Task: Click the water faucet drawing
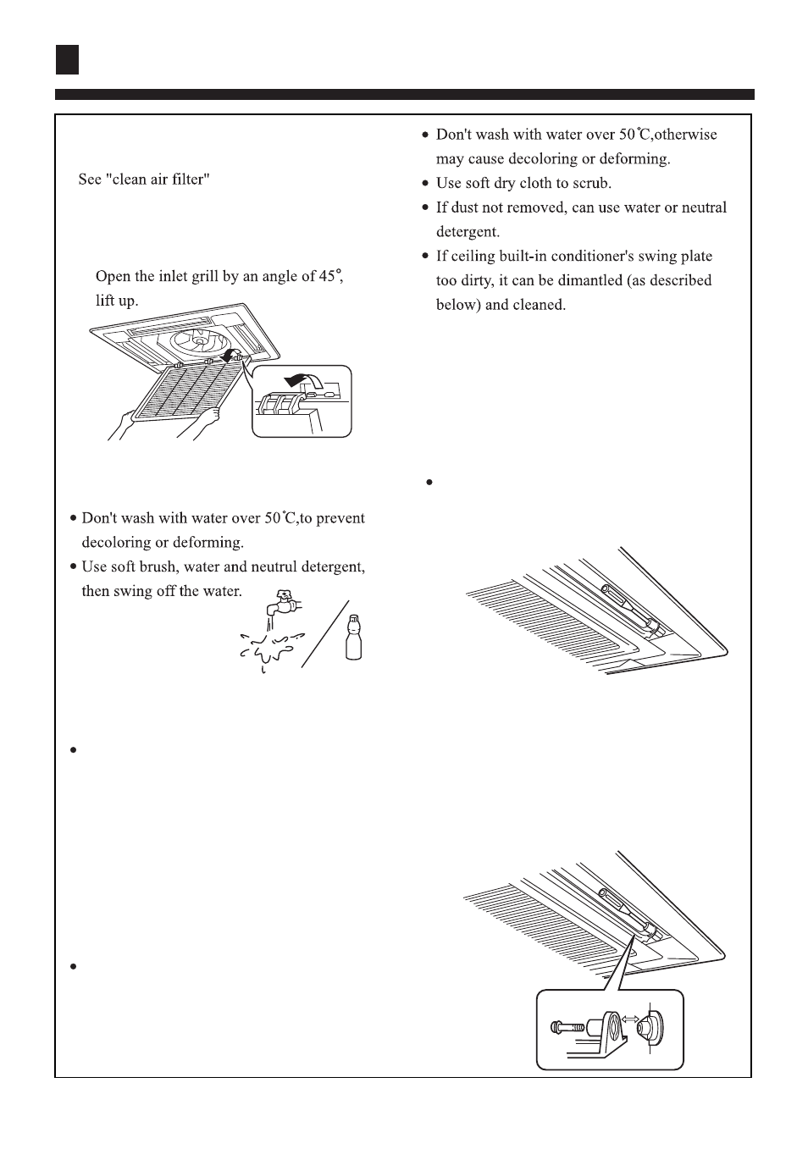point(284,604)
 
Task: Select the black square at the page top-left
point(68,59)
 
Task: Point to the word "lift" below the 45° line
point(105,301)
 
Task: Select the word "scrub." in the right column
point(592,183)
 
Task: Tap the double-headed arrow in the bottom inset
point(630,1020)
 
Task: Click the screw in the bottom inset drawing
point(567,1029)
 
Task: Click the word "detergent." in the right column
point(468,232)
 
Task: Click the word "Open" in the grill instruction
point(113,277)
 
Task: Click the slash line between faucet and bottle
point(324,633)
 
